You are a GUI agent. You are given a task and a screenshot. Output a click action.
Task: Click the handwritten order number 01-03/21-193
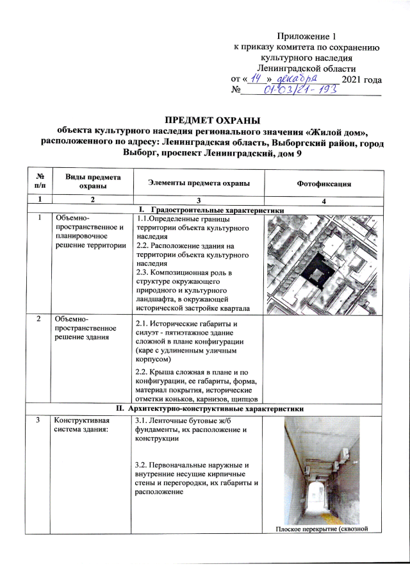[298, 91]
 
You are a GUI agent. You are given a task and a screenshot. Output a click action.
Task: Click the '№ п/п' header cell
[41, 183]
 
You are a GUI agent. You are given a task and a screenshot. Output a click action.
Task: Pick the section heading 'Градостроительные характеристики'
[218, 210]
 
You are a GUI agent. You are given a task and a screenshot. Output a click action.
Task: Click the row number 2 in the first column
[40, 319]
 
